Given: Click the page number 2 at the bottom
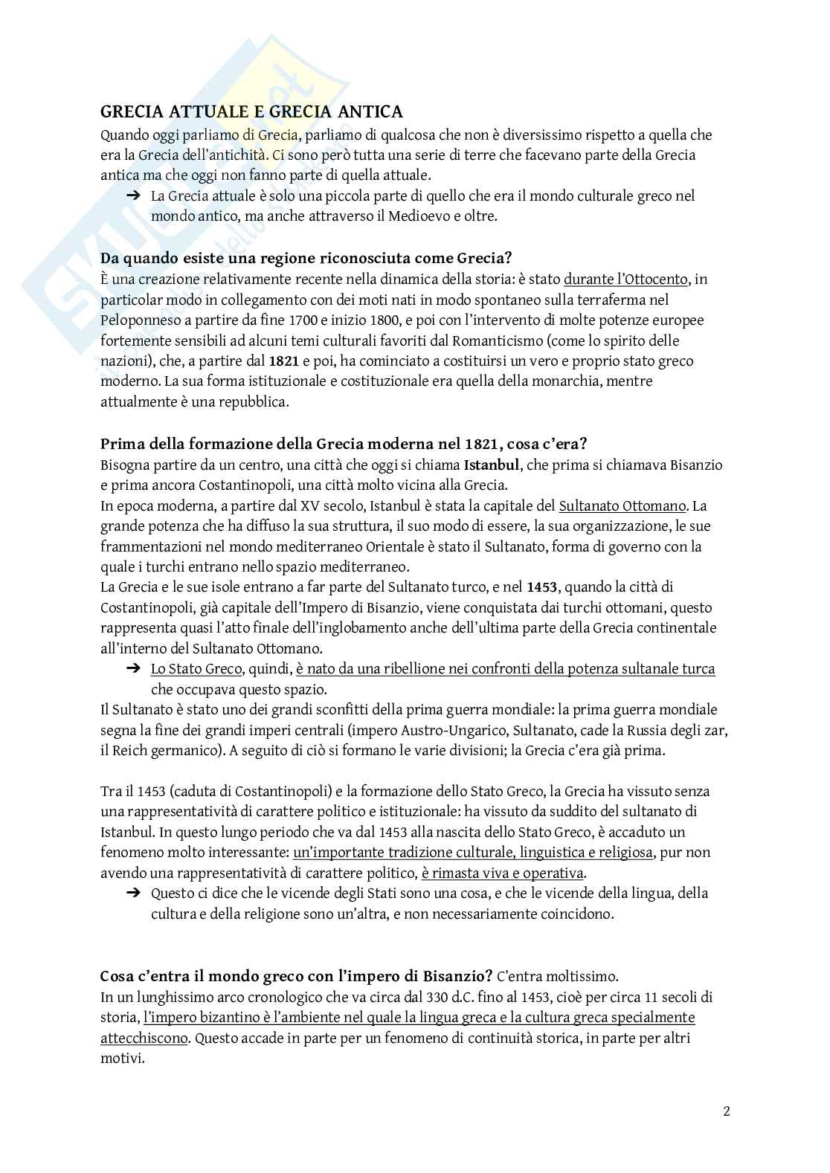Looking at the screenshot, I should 726,1112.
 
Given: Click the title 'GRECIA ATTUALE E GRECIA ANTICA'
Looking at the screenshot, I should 251,112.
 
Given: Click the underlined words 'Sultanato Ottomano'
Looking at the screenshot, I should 622,506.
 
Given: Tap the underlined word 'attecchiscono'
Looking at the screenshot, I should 144,1038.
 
